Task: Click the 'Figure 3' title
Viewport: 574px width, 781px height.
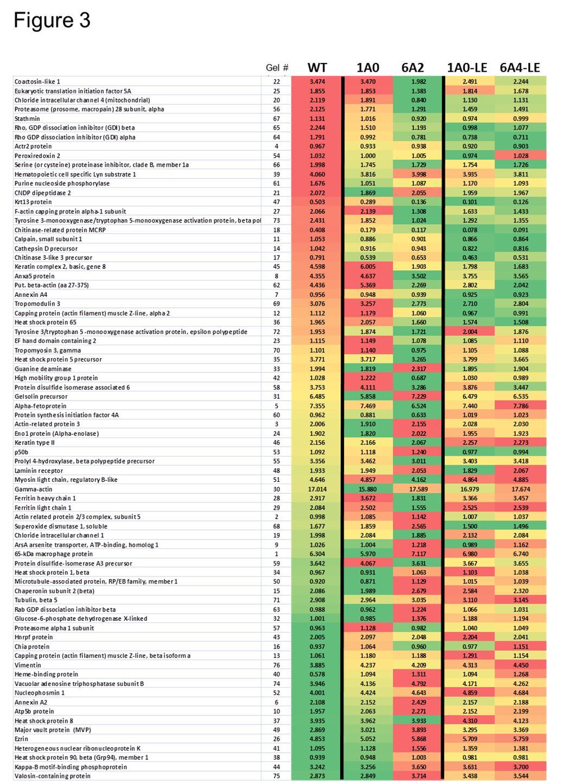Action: [52, 20]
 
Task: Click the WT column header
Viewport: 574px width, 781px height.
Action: [317, 68]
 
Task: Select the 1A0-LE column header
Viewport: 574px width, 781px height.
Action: [467, 68]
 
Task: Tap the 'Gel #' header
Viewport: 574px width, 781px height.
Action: [277, 68]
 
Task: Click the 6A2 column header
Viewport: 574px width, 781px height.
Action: [412, 68]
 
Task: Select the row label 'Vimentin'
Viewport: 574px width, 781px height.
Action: [28, 665]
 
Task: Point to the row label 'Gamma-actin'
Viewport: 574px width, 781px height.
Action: [33, 489]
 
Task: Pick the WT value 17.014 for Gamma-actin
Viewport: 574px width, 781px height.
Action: [317, 489]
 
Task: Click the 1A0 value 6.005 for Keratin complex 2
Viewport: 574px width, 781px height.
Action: [367, 266]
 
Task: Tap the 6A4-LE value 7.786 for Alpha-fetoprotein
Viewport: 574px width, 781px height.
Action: [520, 405]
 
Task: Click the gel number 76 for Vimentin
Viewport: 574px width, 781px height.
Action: [277, 665]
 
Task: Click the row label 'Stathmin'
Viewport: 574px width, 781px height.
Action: [26, 118]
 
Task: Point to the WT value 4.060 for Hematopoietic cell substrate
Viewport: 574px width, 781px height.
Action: [317, 174]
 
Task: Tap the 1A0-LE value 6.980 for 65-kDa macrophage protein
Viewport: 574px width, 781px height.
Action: [470, 554]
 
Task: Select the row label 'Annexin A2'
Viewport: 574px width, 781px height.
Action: [30, 702]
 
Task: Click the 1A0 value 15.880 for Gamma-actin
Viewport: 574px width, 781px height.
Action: [367, 489]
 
